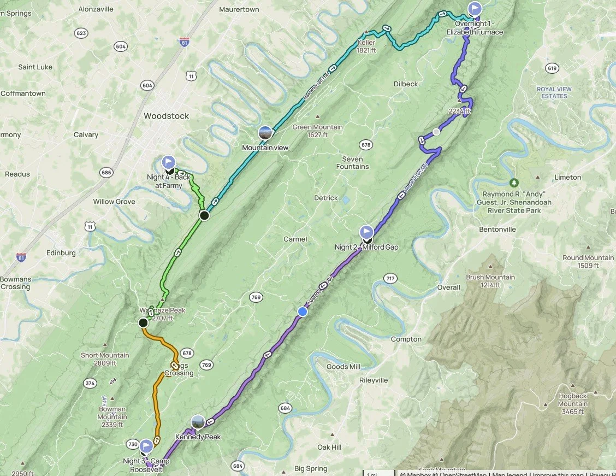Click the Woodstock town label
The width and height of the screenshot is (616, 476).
pyautogui.click(x=166, y=116)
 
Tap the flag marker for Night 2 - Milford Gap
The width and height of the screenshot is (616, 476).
pyautogui.click(x=366, y=232)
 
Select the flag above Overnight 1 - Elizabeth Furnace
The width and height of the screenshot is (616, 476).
pyautogui.click(x=475, y=9)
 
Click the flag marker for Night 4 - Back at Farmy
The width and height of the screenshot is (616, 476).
pyautogui.click(x=169, y=162)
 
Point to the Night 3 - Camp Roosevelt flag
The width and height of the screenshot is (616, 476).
pyautogui.click(x=146, y=446)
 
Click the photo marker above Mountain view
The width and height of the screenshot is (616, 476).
pyautogui.click(x=265, y=133)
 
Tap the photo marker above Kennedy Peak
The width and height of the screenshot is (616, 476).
pyautogui.click(x=198, y=422)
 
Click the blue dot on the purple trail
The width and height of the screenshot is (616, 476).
pyautogui.click(x=302, y=312)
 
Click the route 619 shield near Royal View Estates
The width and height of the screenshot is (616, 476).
pyautogui.click(x=552, y=68)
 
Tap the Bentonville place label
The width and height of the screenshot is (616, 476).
pyautogui.click(x=497, y=230)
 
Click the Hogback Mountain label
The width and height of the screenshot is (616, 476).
pyautogui.click(x=572, y=400)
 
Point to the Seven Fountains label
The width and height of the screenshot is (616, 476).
pyautogui.click(x=352, y=163)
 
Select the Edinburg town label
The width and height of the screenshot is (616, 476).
pyautogui.click(x=61, y=253)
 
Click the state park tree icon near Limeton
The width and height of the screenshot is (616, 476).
pyautogui.click(x=513, y=182)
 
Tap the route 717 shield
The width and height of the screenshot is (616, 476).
pyautogui.click(x=390, y=279)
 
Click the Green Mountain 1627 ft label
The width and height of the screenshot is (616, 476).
pyautogui.click(x=317, y=131)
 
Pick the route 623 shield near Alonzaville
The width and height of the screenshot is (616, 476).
pyautogui.click(x=81, y=33)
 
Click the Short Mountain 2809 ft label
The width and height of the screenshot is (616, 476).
pyautogui.click(x=105, y=359)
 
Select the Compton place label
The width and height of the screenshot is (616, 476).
pyautogui.click(x=406, y=339)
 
